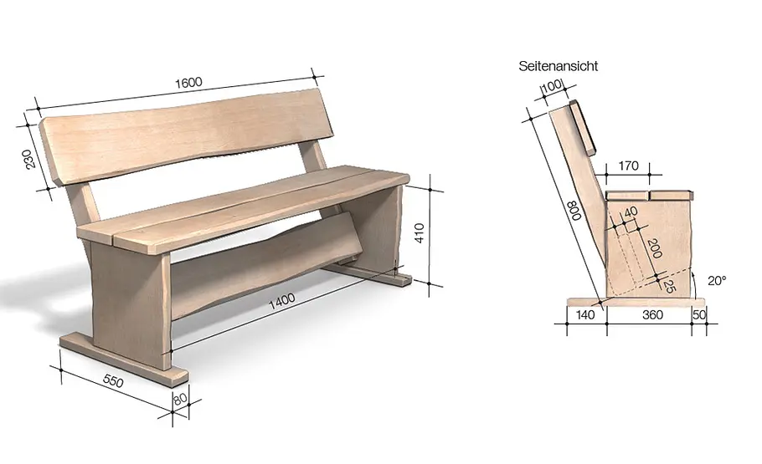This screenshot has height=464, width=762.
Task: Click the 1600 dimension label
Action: [x=188, y=83]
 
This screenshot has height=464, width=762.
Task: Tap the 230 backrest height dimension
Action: [x=30, y=159]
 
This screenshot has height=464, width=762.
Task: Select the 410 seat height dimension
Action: [x=420, y=233]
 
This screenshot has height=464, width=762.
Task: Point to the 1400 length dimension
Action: [x=282, y=301]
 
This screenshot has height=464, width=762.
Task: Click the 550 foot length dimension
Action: [x=113, y=381]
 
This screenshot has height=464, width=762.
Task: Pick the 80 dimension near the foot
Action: [x=180, y=399]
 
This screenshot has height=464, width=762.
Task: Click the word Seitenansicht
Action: [x=558, y=66]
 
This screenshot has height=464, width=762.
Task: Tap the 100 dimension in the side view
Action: [x=552, y=86]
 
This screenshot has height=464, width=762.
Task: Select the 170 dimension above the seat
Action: [x=628, y=166]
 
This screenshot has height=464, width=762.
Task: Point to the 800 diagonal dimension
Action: [x=576, y=211]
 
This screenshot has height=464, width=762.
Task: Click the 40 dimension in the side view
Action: [x=631, y=212]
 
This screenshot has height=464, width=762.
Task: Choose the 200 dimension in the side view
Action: [x=655, y=248]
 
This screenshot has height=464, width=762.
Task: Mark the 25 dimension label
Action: [x=669, y=287]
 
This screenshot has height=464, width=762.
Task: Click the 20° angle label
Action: [x=717, y=281]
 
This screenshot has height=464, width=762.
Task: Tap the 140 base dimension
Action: [x=585, y=315]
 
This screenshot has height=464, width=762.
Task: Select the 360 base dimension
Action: [x=652, y=315]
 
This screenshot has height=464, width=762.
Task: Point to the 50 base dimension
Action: [x=699, y=314]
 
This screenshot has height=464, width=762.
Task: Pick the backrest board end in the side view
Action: [x=582, y=127]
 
